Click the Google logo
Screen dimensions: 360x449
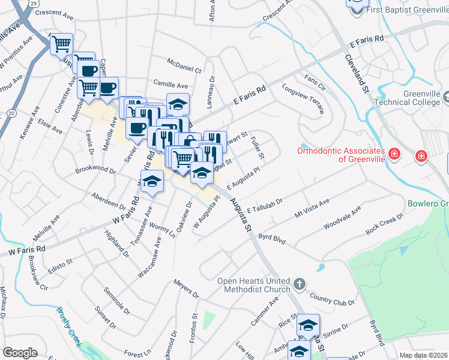pos(20,353)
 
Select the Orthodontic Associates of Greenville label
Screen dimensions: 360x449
pos(340,154)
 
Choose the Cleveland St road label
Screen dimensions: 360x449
pos(357,72)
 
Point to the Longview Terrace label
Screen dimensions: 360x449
pos(304,100)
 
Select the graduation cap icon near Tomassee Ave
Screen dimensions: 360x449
pos(152,182)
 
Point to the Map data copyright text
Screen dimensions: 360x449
pos(424,355)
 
